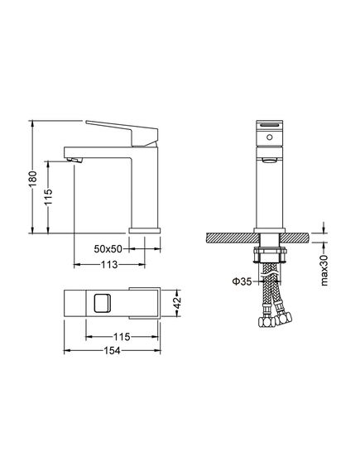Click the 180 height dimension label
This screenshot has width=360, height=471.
pos(33,179)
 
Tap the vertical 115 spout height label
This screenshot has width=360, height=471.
pos(48,197)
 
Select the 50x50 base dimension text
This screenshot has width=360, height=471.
pos(108,248)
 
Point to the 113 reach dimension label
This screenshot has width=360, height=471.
pos(109,265)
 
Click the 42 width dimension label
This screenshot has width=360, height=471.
pos(177,303)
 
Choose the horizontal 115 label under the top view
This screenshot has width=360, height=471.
pos(122,337)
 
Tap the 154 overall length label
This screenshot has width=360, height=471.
pos(112,350)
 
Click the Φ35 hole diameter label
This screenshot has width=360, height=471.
pos(242,281)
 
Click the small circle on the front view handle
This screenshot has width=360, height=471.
pos(270,137)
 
